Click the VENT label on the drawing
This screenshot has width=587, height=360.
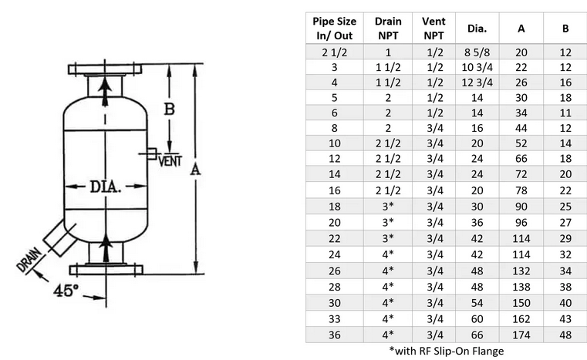coord(170,161)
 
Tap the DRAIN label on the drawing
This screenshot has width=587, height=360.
coord(29,260)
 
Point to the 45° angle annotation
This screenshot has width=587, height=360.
coord(66,291)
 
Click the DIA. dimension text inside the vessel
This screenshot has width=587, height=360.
coord(106,187)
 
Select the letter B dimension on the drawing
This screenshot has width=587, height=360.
coord(170,109)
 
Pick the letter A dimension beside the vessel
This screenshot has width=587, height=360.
coord(195,170)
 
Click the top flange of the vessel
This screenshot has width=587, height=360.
coord(105,69)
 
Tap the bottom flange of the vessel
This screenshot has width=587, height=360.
coord(106,270)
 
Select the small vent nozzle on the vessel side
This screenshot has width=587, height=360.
coord(152,154)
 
